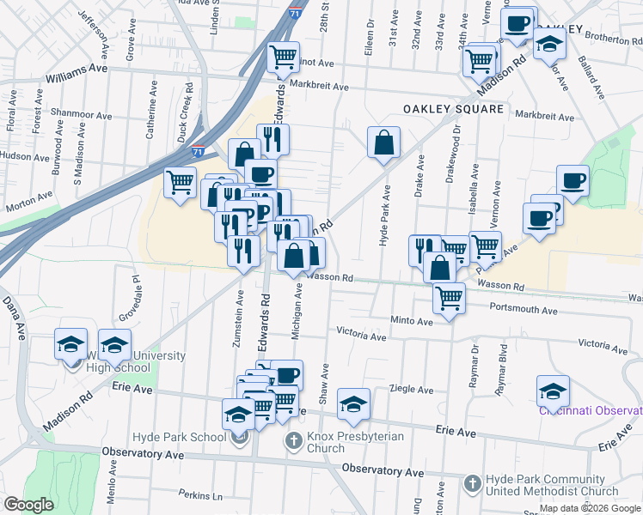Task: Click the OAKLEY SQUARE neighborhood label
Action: [454, 109]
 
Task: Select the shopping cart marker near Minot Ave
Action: [283, 58]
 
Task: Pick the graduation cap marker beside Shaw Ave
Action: [353, 404]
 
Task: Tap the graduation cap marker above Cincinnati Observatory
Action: [553, 391]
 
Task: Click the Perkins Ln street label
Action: [200, 495]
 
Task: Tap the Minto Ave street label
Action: [413, 321]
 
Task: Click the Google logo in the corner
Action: [29, 505]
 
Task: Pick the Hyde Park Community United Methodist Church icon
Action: [472, 485]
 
